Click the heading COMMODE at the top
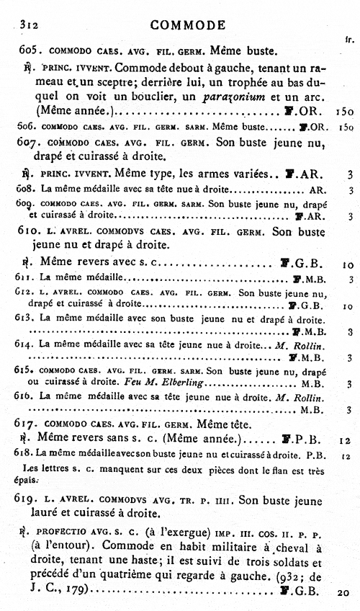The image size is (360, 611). click(x=188, y=26)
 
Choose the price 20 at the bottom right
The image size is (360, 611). click(x=343, y=593)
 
